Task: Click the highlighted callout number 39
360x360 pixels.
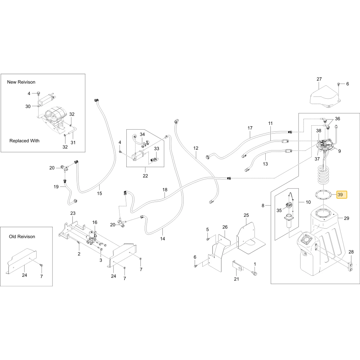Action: [x=340, y=195]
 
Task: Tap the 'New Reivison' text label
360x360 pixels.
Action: [x=21, y=82]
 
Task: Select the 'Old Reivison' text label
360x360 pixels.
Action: [x=22, y=237]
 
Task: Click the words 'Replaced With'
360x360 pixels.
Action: [x=24, y=141]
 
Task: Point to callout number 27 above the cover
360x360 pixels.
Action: [x=319, y=79]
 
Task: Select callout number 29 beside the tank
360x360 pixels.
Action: [x=346, y=219]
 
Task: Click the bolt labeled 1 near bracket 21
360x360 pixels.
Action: [x=255, y=273]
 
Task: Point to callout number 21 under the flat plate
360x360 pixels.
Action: [x=237, y=279]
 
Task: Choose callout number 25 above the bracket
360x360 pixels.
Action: [x=246, y=215]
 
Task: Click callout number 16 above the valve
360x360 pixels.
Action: [x=95, y=222]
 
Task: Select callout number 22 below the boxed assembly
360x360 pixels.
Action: [x=145, y=176]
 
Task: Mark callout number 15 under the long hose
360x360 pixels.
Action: [x=99, y=193]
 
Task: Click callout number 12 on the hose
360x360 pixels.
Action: [x=195, y=148]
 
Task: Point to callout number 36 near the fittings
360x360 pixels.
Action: [x=338, y=119]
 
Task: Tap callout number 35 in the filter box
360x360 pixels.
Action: [x=279, y=210]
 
